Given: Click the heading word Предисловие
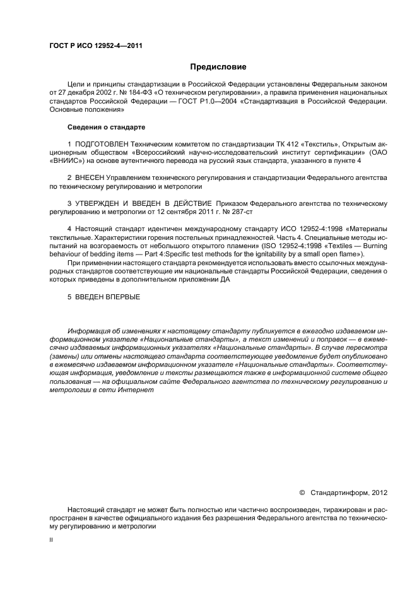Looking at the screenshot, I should click(218, 66).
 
